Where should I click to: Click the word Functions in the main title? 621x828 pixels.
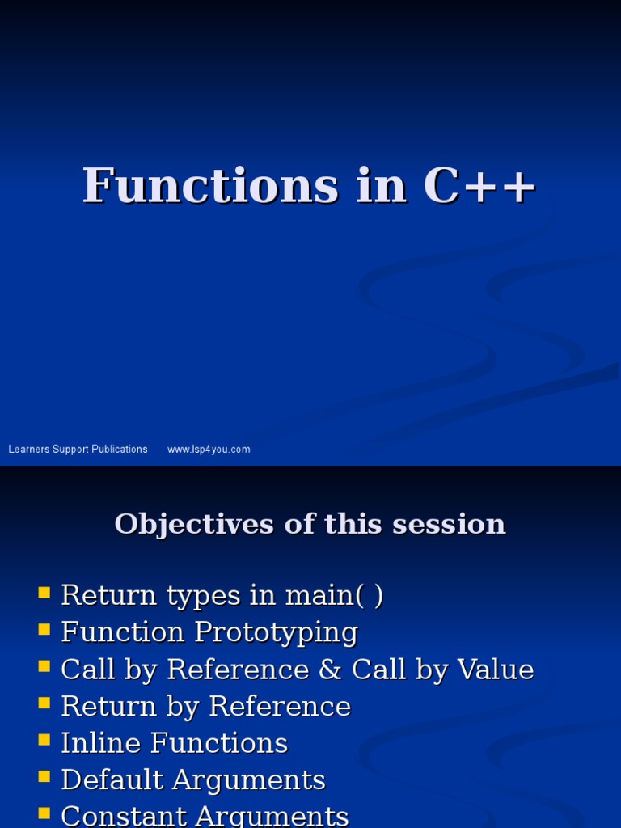click(x=210, y=186)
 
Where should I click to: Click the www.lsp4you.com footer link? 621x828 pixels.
click(x=209, y=450)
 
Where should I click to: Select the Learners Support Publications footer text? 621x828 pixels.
click(x=78, y=450)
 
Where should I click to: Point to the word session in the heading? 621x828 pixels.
click(x=449, y=525)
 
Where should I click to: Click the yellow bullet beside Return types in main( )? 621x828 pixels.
click(x=44, y=593)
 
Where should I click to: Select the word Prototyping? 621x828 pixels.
click(x=275, y=633)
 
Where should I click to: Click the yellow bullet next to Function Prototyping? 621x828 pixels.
click(x=44, y=629)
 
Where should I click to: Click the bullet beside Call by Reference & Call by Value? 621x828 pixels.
click(x=44, y=666)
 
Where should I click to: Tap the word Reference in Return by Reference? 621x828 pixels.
click(x=280, y=707)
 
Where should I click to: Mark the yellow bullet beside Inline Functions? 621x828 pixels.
click(x=44, y=741)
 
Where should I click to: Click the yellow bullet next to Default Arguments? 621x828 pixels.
click(x=44, y=778)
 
